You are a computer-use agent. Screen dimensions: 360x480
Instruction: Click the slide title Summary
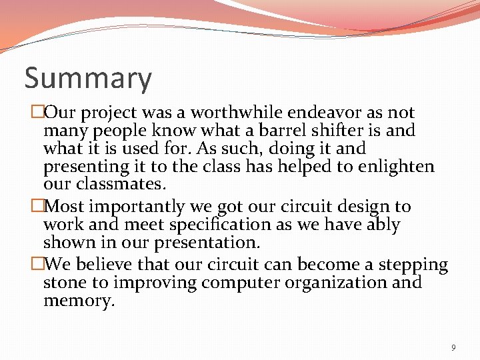[88, 79]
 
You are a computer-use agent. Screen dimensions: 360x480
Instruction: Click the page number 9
[453, 347]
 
